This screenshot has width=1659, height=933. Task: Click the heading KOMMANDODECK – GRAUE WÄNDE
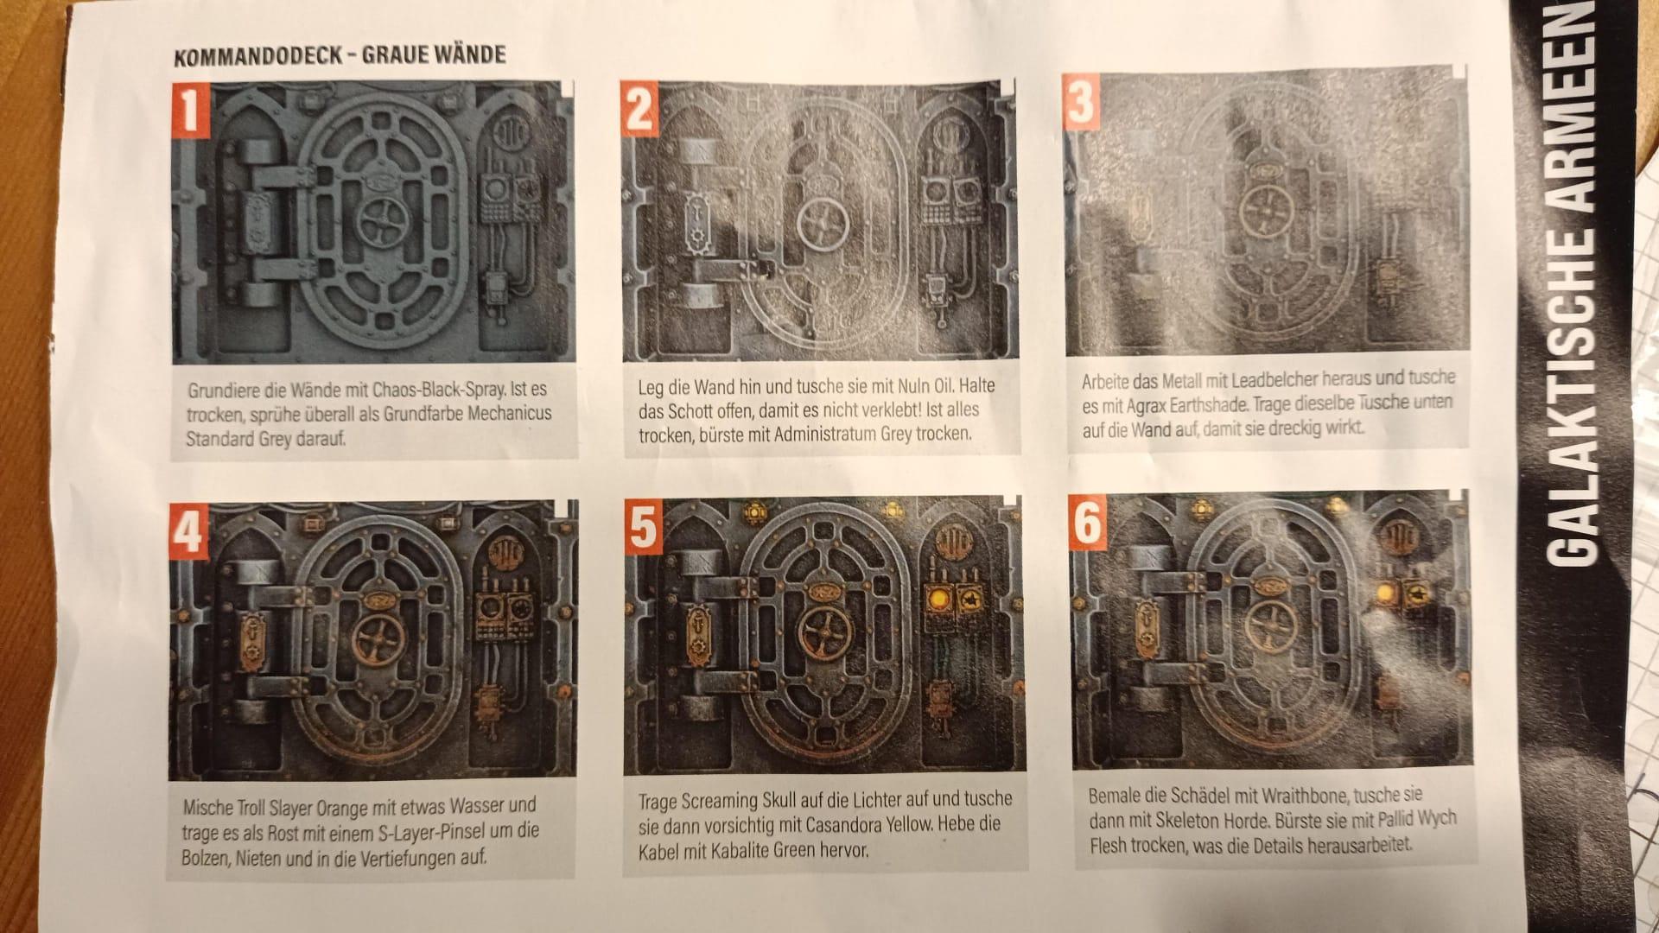pos(340,57)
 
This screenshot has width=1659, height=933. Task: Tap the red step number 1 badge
pos(191,110)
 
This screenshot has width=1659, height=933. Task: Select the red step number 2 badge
pos(640,109)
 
